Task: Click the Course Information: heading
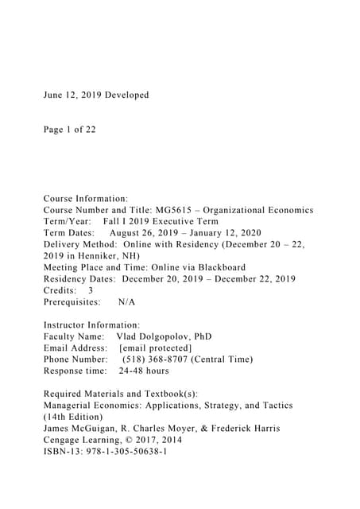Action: coord(85,199)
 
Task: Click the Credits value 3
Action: coord(91,291)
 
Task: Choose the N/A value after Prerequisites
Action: coord(126,302)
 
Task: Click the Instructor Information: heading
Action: coord(91,325)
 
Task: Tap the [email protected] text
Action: coord(155,348)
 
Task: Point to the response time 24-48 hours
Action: coord(144,371)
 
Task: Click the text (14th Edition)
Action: coord(76,417)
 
